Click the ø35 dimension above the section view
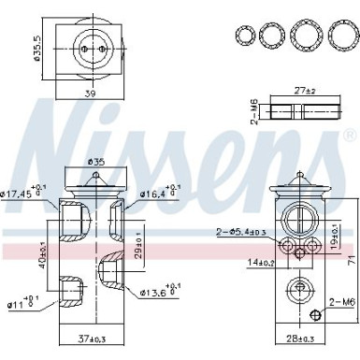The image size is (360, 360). pos(94,161)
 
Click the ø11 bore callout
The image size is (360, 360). pos(21,302)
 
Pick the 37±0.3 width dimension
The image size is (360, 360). pos(91,338)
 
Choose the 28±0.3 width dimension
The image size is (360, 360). pos(298,338)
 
